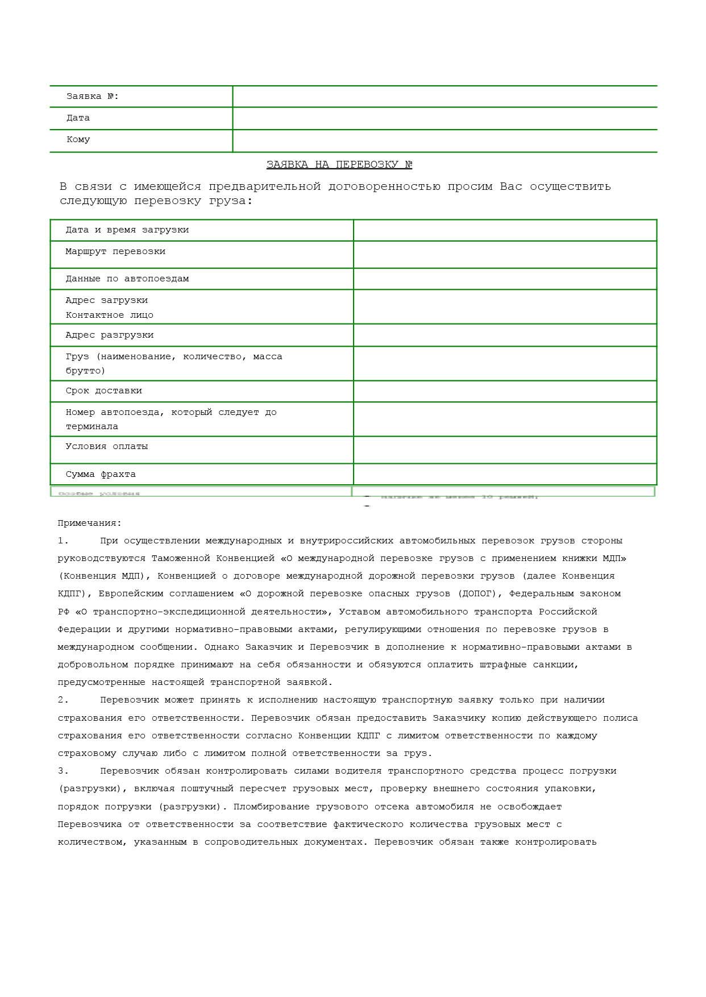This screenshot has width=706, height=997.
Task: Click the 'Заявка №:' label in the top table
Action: [93, 97]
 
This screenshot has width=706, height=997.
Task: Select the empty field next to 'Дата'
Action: [445, 118]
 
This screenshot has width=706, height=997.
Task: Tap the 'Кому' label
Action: [78, 140]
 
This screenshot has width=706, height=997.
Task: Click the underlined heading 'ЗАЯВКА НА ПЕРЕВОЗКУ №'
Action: [339, 165]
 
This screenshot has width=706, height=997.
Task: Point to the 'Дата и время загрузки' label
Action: [127, 230]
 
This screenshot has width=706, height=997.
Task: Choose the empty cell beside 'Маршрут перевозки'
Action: [505, 255]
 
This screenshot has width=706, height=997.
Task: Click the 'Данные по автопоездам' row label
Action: [127, 279]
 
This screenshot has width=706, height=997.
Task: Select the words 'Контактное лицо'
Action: [110, 315]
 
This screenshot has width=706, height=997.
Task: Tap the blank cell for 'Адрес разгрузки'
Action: [505, 335]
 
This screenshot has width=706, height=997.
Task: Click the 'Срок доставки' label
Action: [104, 391]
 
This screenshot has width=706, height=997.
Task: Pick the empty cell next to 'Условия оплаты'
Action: [505, 450]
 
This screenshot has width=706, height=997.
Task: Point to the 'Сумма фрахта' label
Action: [101, 475]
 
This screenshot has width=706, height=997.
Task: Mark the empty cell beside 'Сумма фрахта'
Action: [505, 475]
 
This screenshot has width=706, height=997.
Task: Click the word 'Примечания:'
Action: [90, 524]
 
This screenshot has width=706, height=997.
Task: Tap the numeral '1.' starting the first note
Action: [63, 541]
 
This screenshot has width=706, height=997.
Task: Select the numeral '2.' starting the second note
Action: [63, 700]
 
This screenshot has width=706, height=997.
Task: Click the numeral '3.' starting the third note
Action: [63, 771]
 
